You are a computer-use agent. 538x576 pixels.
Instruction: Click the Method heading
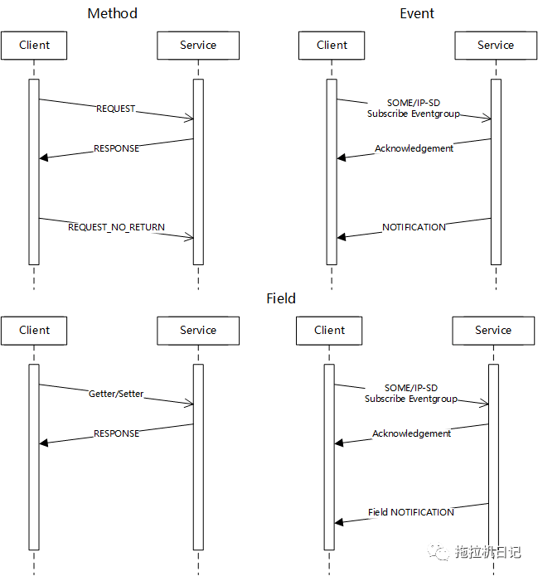pos(112,13)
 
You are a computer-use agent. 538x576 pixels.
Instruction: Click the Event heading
pos(417,13)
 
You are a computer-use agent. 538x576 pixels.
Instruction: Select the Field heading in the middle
pos(281,298)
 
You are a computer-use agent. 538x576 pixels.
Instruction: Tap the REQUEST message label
pos(116,109)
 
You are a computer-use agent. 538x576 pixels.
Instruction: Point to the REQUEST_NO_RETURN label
pos(116,227)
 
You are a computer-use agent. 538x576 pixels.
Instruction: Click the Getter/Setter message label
pos(116,394)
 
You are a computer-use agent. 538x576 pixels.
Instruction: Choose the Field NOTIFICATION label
pos(411,512)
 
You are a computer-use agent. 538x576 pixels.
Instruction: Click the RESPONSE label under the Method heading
pos(116,148)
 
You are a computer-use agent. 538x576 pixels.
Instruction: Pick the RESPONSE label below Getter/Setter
pos(116,433)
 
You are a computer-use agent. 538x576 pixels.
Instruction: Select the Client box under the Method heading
pos(35,46)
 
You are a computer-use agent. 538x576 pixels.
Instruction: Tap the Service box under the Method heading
pos(198,46)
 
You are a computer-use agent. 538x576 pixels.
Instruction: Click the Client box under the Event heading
pos(332,46)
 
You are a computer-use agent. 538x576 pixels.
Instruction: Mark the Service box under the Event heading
pos(496,46)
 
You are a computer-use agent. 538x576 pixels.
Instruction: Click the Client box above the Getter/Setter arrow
pos(35,331)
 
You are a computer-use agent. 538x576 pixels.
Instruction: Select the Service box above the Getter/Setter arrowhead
pos(198,331)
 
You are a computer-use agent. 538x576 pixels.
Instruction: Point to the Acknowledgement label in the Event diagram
pos(414,148)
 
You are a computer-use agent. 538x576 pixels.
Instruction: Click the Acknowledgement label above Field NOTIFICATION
pos(411,433)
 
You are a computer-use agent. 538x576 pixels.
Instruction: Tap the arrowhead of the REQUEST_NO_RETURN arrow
pos(190,238)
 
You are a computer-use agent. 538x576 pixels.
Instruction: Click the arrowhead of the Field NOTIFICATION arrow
pos(339,522)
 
